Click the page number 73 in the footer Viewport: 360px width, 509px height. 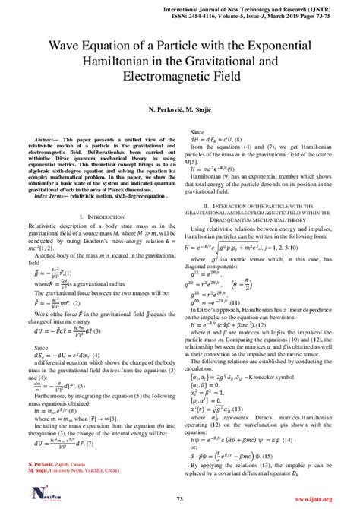[x=180, y=499]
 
